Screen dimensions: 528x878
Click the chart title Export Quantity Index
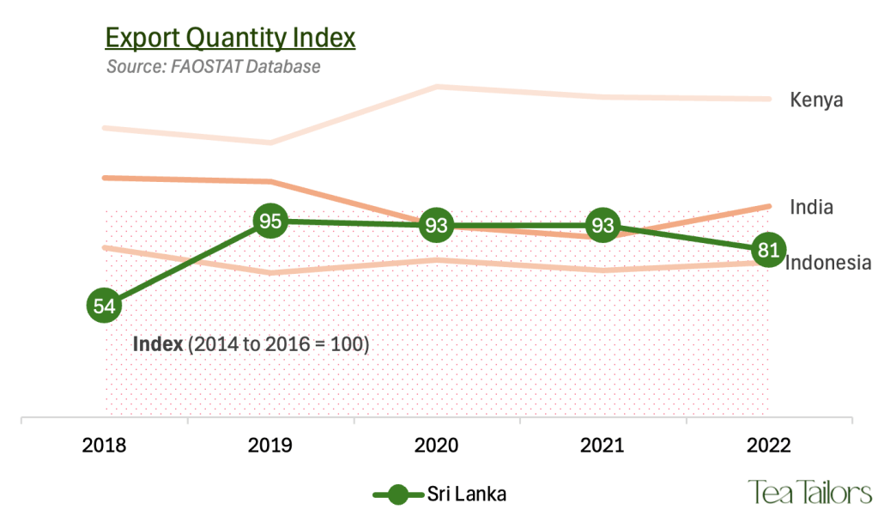[x=229, y=39]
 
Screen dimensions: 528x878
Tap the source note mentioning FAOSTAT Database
[x=213, y=66]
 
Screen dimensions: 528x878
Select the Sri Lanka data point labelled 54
[x=104, y=306]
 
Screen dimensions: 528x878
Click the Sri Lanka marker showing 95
[x=270, y=222]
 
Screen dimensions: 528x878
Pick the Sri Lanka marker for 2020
[x=437, y=226]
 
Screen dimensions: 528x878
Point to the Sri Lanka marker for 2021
[x=602, y=226]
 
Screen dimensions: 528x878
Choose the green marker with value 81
[x=768, y=251]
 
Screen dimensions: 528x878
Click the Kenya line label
[x=816, y=100]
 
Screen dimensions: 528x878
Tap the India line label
[x=811, y=207]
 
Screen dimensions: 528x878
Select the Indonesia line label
[x=829, y=263]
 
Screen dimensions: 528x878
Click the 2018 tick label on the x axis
[x=104, y=446]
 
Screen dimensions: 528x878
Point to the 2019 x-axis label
[x=270, y=446]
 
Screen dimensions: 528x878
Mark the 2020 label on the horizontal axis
[x=437, y=446]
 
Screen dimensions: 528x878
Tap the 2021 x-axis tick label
[x=602, y=446]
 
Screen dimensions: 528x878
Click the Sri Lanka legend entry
[x=439, y=494]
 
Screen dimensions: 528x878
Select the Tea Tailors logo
[x=809, y=493]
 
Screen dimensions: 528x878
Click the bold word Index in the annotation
[x=158, y=344]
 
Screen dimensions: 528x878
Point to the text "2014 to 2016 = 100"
[x=280, y=344]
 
